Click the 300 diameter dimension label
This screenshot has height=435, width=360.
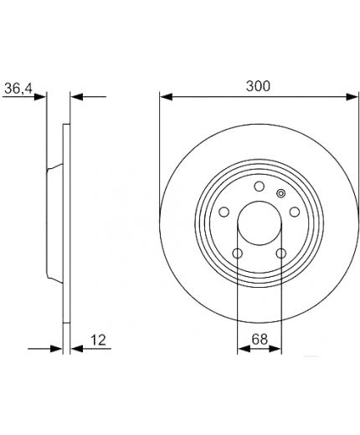click(258, 86)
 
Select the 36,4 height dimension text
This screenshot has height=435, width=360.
click(18, 89)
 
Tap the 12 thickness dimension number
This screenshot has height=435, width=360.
click(98, 340)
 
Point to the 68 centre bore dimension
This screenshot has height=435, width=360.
click(260, 339)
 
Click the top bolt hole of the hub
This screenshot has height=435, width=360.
click(260, 187)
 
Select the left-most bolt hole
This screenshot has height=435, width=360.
click(224, 212)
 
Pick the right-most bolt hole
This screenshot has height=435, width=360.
click(295, 212)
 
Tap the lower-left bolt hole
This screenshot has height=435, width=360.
click(238, 253)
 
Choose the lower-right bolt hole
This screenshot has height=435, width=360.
click(281, 253)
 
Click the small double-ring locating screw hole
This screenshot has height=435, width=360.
click(280, 193)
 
